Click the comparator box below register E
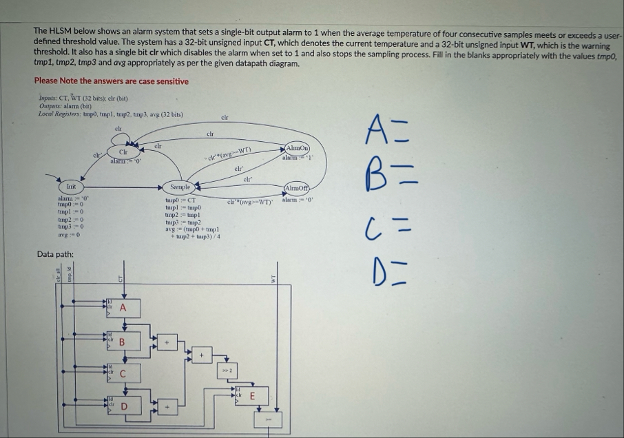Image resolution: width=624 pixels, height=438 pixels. pyautogui.click(x=269, y=419)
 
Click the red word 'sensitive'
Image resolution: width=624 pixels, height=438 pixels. pyautogui.click(x=170, y=81)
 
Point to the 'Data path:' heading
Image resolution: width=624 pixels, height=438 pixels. pyautogui.click(x=56, y=255)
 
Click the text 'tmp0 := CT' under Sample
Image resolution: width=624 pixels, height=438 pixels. pyautogui.click(x=182, y=200)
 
